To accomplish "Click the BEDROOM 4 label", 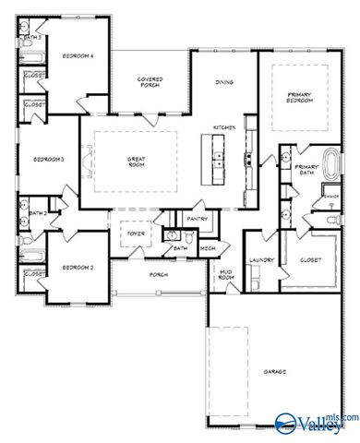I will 78,57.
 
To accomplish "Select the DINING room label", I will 224,82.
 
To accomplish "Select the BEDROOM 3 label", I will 48,160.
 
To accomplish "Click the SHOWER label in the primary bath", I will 330,196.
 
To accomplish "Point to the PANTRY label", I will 197,219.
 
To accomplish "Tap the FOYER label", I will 135,234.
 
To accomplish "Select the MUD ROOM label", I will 225,275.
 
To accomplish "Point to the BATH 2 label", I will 38,213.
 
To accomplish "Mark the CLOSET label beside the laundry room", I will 311,260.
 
